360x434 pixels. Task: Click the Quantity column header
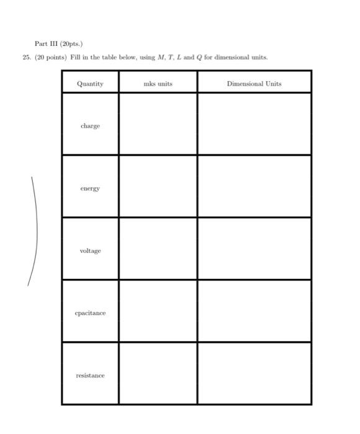coord(90,84)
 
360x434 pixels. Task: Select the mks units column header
coord(158,84)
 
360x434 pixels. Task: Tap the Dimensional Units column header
coord(254,84)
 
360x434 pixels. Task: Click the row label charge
coord(90,126)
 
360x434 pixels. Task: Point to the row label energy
coord(90,188)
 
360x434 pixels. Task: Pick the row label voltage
coord(90,251)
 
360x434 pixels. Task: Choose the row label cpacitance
coord(90,313)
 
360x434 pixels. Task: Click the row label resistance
coord(90,376)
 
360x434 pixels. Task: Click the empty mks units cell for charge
coord(158,124)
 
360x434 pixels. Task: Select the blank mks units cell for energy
coord(158,187)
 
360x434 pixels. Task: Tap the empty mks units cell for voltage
coord(158,249)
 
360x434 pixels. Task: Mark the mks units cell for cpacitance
coord(158,311)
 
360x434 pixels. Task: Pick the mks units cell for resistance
coord(158,373)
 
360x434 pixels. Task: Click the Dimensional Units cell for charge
coord(254,124)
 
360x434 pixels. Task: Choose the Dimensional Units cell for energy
coord(254,187)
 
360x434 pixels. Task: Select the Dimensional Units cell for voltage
coord(254,249)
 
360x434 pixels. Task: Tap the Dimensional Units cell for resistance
coord(254,373)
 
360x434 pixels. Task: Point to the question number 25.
coord(25,58)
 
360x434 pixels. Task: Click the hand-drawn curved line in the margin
coord(36,229)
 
